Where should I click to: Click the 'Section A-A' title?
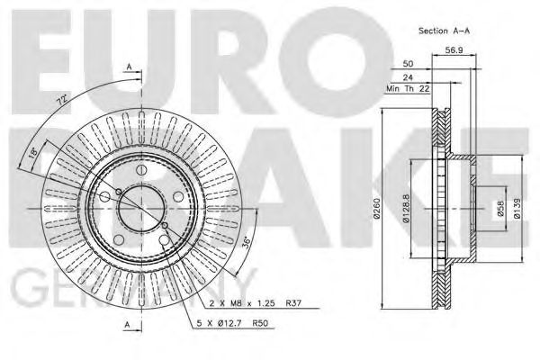pos(443,30)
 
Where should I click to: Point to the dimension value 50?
pos(409,66)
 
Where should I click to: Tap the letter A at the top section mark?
pos(130,67)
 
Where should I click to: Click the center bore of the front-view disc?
pos(142,205)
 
